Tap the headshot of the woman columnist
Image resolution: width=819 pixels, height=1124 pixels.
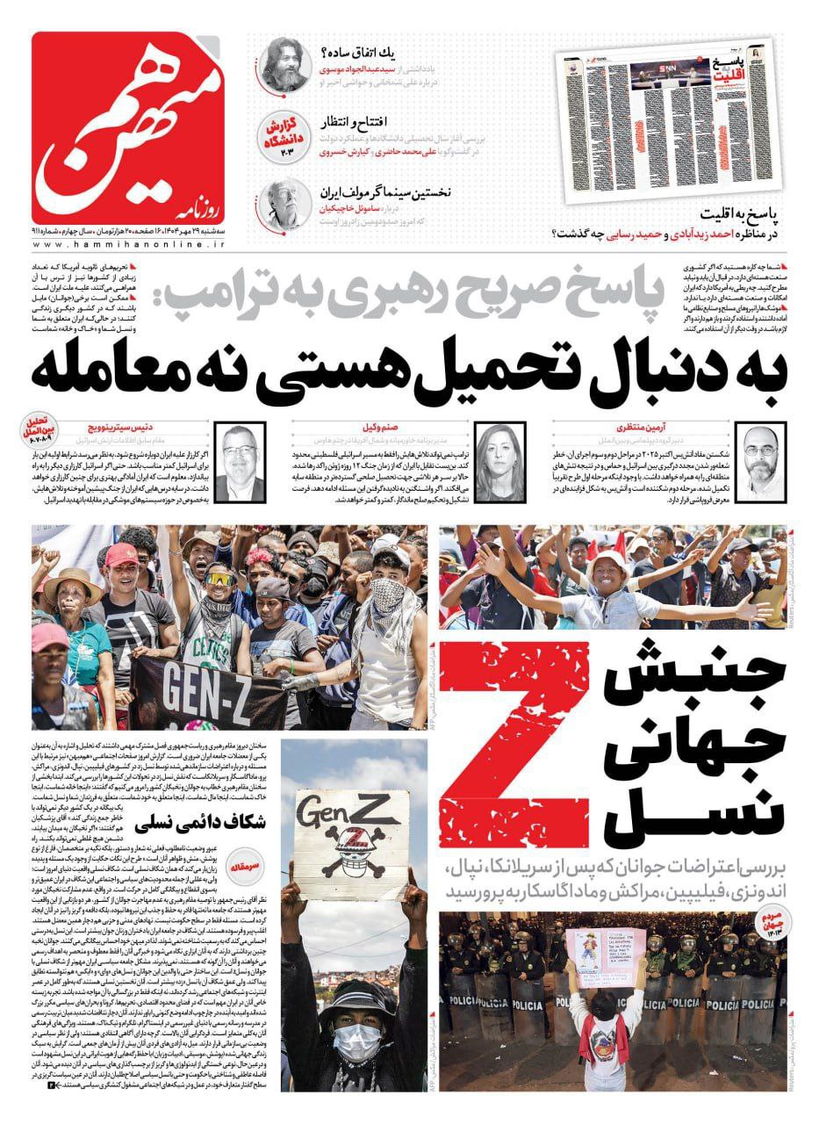click(497, 449)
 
